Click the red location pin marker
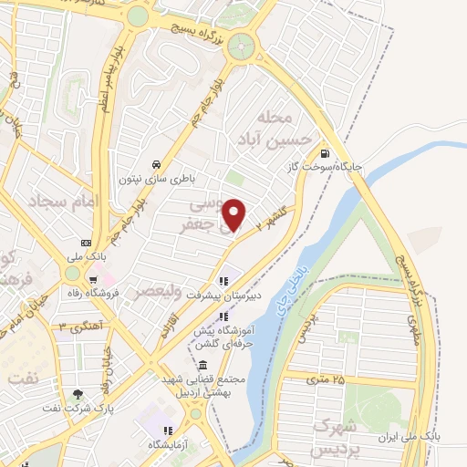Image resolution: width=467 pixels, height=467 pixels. coord(235,215)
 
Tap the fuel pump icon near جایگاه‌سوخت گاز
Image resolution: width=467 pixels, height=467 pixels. coord(325,154)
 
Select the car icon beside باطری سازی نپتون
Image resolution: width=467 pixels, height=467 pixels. coord(157,164)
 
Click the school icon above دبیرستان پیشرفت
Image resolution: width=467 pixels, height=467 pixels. coord(223,280)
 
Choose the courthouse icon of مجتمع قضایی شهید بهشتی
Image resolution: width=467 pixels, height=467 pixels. coord(202,365)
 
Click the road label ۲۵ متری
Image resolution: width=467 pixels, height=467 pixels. coord(327,378)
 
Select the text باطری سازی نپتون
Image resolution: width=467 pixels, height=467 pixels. coord(156,179)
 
